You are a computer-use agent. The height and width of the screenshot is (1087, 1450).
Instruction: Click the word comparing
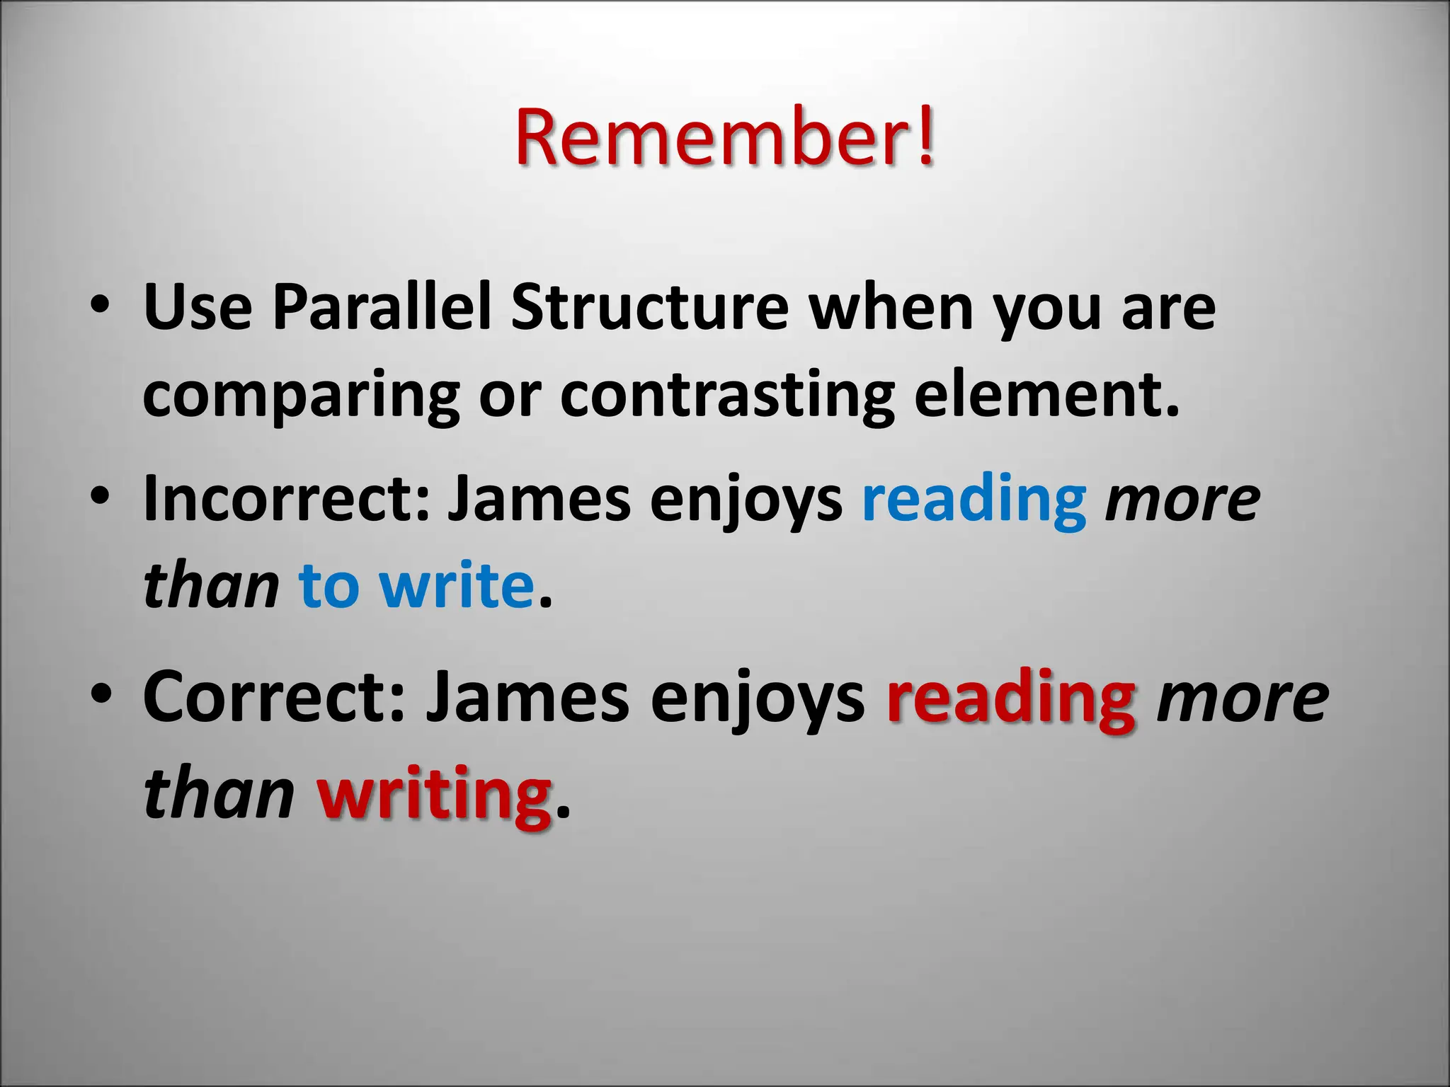point(301,396)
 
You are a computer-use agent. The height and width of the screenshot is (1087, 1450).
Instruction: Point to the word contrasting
point(727,396)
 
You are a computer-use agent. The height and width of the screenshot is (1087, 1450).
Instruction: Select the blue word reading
point(974,500)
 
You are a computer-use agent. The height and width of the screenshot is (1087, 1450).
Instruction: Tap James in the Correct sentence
point(526,696)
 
